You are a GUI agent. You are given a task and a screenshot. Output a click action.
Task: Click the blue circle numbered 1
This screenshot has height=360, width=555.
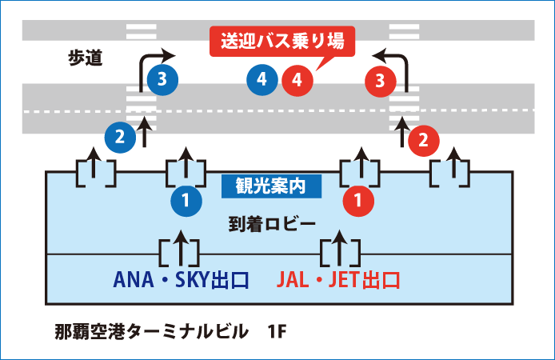click(186, 201)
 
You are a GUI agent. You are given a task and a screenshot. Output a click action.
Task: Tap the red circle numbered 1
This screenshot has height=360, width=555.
click(358, 201)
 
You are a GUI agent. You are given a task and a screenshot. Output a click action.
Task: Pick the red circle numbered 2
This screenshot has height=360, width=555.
click(424, 142)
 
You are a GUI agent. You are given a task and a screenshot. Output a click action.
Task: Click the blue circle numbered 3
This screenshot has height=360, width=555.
click(162, 79)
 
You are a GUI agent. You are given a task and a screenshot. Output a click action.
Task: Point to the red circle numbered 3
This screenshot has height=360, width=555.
click(380, 79)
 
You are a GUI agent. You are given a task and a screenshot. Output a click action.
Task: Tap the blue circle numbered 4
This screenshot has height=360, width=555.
click(262, 79)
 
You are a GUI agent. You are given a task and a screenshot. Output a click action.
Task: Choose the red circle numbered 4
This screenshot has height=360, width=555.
click(297, 79)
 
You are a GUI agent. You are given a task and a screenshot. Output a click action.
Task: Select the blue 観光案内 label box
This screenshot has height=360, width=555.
click(272, 186)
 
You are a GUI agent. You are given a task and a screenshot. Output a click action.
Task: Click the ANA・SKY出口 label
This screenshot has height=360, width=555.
click(182, 281)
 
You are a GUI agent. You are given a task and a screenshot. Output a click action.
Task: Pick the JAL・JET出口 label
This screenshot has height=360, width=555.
click(338, 281)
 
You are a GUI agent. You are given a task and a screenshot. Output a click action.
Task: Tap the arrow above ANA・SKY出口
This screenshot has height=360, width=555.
click(182, 249)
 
